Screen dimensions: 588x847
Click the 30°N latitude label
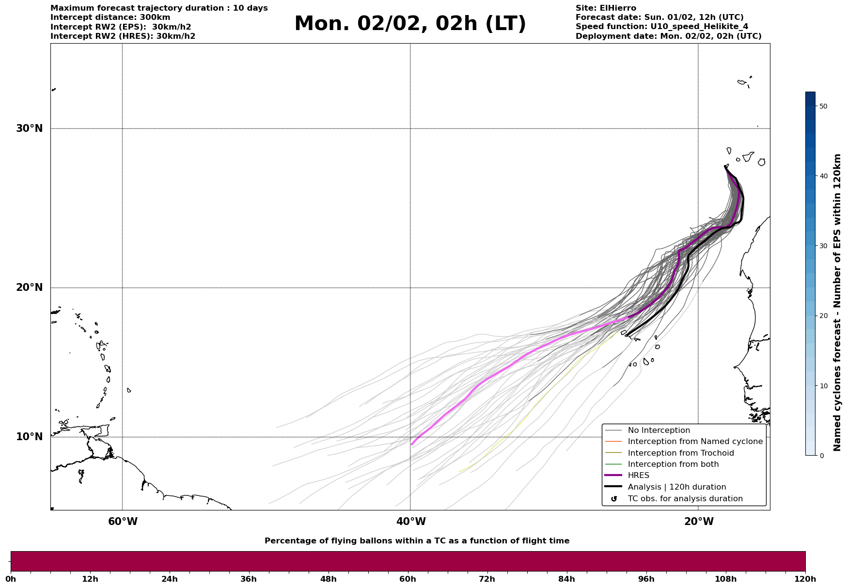pyautogui.click(x=29, y=128)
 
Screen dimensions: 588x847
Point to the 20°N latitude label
pyautogui.click(x=29, y=287)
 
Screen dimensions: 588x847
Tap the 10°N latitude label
pyautogui.click(x=29, y=437)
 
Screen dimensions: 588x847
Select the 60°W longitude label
pyautogui.click(x=123, y=522)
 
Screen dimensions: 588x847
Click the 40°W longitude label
pyautogui.click(x=411, y=522)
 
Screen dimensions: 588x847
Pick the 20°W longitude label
pyautogui.click(x=699, y=522)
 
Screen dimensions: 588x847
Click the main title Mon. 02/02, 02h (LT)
pyautogui.click(x=410, y=24)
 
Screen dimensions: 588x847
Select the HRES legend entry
pyautogui.click(x=638, y=476)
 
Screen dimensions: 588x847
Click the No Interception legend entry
pyautogui.click(x=659, y=430)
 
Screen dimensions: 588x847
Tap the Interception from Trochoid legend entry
pyautogui.click(x=680, y=453)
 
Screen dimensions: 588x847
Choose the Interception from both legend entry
pyautogui.click(x=673, y=464)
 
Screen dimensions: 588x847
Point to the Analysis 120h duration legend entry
pyautogui.click(x=676, y=487)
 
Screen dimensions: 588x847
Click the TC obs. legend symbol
pyautogui.click(x=614, y=499)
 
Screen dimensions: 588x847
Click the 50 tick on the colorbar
pyautogui.click(x=823, y=106)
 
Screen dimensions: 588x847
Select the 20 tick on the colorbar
pyautogui.click(x=823, y=316)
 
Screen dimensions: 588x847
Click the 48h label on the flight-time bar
pyautogui.click(x=328, y=579)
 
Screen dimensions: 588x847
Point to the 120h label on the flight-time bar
pyautogui.click(x=805, y=579)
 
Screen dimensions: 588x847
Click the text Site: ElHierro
pyautogui.click(x=606, y=8)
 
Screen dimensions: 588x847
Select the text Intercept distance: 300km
pyautogui.click(x=110, y=17)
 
